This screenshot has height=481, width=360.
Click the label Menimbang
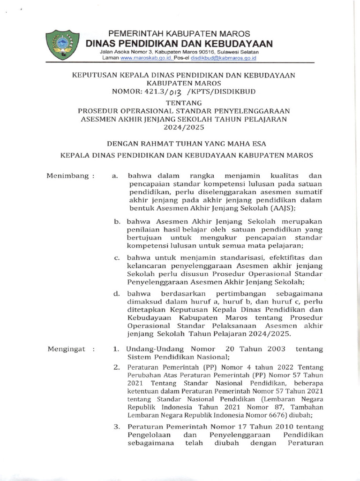pyautogui.click(x=70, y=176)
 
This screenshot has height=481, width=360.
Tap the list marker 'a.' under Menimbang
pyautogui.click(x=115, y=176)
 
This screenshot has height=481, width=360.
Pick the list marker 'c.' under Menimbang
pyautogui.click(x=117, y=257)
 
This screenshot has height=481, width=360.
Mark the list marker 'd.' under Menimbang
pyautogui.click(x=117, y=294)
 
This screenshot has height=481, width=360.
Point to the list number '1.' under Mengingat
pyautogui.click(x=117, y=349)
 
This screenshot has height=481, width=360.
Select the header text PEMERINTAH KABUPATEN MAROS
pyautogui.click(x=180, y=34)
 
